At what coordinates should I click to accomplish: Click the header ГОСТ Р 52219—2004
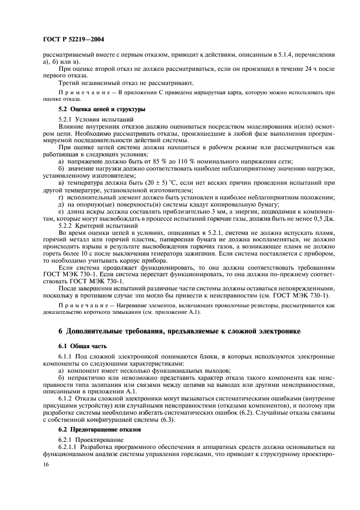pos(73,40)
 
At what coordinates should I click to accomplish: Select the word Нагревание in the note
pos(119,311)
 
